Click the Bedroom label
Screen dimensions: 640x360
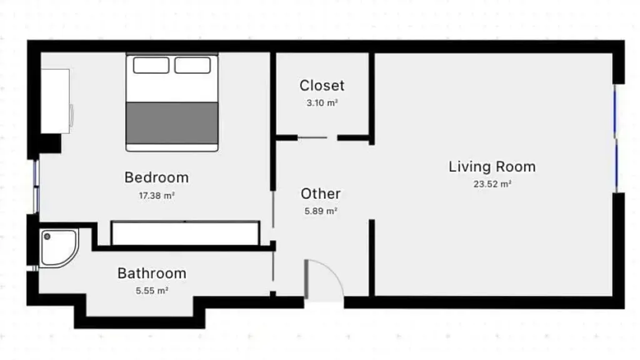click(x=157, y=177)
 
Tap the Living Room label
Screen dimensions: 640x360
click(x=492, y=167)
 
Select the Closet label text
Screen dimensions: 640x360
click(x=322, y=86)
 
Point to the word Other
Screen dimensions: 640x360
click(x=321, y=194)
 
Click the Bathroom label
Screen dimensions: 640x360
click(x=152, y=274)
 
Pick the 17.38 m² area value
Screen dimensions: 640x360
click(x=157, y=196)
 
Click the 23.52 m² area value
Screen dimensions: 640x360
click(x=492, y=184)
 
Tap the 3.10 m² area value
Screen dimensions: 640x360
click(x=322, y=103)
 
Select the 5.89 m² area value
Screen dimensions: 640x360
click(x=321, y=211)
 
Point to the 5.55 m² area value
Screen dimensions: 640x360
click(x=152, y=291)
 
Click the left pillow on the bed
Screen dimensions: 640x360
click(x=151, y=65)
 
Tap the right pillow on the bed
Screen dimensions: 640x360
click(x=192, y=65)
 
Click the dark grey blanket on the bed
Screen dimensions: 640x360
click(x=172, y=123)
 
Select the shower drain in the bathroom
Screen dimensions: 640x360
click(x=47, y=236)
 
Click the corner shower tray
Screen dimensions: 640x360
click(x=59, y=248)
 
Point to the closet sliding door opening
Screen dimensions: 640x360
click(x=317, y=138)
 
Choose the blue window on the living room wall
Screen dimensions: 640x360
click(x=616, y=138)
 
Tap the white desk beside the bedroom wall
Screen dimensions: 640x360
click(x=55, y=101)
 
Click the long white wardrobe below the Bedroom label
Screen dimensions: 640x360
click(x=185, y=234)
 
